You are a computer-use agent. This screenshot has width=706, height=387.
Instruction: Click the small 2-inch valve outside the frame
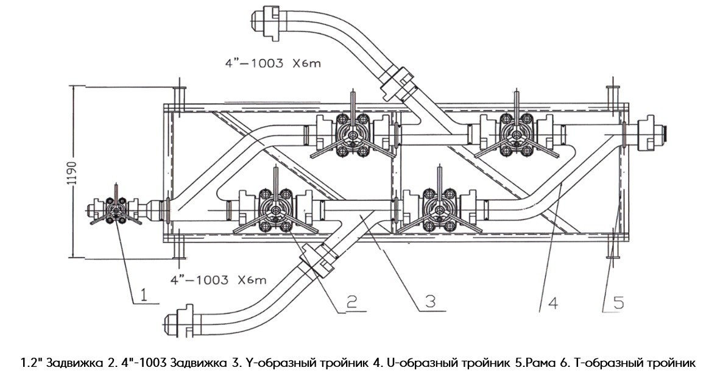114,211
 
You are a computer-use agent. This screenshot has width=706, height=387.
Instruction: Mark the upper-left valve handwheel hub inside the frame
353,135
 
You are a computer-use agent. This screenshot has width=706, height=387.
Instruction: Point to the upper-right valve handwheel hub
517,135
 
